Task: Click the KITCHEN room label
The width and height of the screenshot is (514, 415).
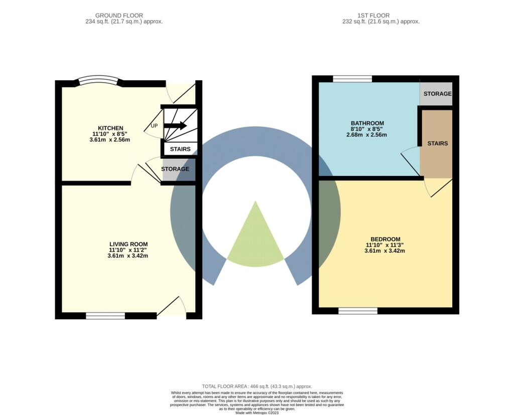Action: [x=110, y=128]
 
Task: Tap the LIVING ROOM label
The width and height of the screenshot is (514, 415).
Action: [x=128, y=244]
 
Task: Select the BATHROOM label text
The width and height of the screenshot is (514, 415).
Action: [x=367, y=123]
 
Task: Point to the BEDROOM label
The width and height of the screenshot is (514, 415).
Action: [x=385, y=239]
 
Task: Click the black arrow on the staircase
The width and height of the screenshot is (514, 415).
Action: [x=175, y=125]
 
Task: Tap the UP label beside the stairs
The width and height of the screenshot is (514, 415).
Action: [x=154, y=126]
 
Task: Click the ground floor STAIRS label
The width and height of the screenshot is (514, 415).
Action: [x=180, y=149]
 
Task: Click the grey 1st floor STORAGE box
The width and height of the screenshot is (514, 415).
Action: [x=436, y=94]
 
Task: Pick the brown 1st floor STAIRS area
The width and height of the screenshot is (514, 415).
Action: [x=437, y=143]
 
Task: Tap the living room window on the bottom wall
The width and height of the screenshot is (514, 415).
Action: [x=105, y=315]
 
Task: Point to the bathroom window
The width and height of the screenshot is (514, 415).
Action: [x=352, y=79]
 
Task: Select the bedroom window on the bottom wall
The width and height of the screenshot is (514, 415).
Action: [x=357, y=311]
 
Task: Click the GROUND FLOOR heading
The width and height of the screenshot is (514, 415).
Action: [x=119, y=16]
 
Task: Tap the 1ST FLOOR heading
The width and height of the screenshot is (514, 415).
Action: [x=373, y=16]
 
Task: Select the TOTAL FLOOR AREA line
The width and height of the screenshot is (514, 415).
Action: [x=256, y=386]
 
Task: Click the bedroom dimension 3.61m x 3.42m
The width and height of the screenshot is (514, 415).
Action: [x=384, y=251]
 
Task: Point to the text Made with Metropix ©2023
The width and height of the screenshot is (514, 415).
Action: [x=257, y=412]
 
